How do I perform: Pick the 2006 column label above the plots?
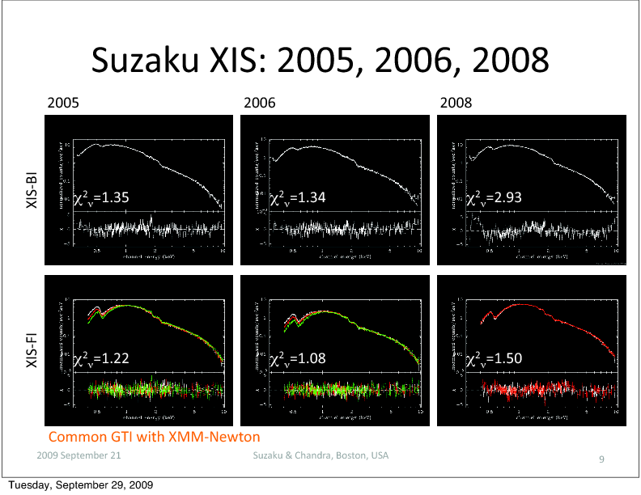[259, 104]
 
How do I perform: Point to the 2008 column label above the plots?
[456, 104]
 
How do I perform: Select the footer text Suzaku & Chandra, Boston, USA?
[320, 455]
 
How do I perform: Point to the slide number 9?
[601, 459]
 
